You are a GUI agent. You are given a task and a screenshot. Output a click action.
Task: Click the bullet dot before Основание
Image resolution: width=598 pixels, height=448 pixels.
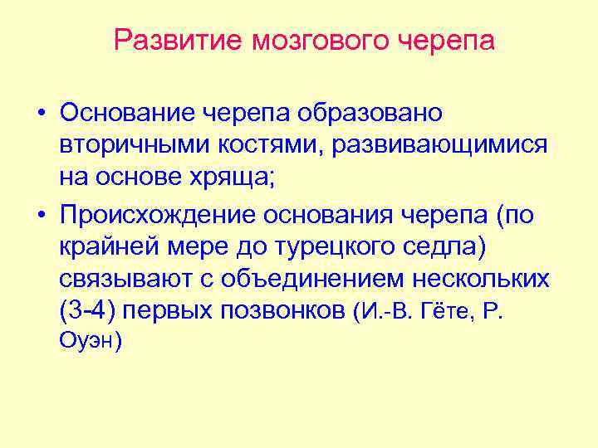coord(40,112)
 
